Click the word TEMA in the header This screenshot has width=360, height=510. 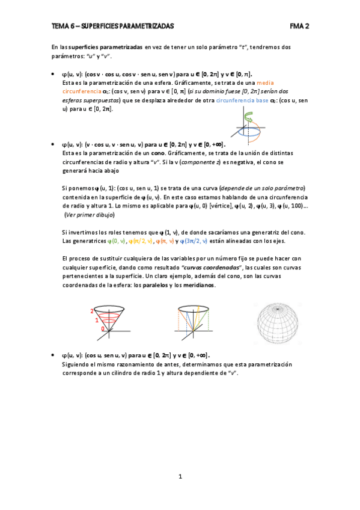click(60, 26)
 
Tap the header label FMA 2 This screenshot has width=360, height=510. click(299, 26)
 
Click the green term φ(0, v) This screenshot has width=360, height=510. click(115, 241)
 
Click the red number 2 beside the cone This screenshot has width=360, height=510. click(91, 311)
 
